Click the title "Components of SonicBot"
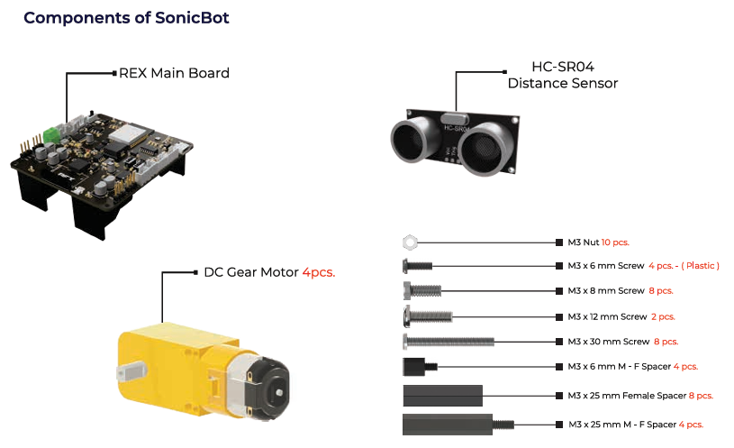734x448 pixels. pyautogui.click(x=126, y=18)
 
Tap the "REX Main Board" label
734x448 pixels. pyautogui.click(x=174, y=73)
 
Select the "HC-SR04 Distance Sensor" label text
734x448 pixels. pyautogui.click(x=563, y=75)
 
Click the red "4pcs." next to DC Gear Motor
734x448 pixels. pyautogui.click(x=318, y=272)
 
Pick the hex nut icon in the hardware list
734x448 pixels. pyautogui.click(x=409, y=242)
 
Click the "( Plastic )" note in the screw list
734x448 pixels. pyautogui.click(x=700, y=267)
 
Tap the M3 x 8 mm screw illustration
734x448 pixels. pyautogui.click(x=421, y=290)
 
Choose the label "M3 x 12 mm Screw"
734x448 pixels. pyautogui.click(x=606, y=316)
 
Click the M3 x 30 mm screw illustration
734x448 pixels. pyautogui.click(x=447, y=341)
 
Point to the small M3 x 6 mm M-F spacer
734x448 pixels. pyautogui.click(x=418, y=366)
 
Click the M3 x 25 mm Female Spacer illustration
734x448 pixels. pyautogui.click(x=442, y=394)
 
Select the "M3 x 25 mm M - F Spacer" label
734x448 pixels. pyautogui.click(x=621, y=424)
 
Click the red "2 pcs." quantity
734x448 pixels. pyautogui.click(x=662, y=316)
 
